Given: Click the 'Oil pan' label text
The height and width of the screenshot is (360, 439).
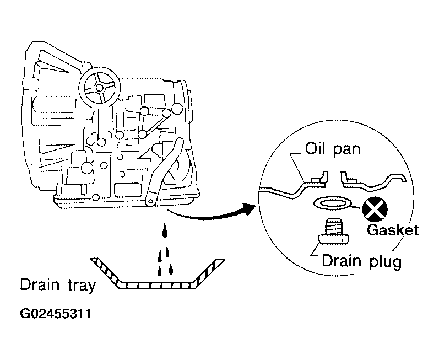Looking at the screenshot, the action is pos(332,149).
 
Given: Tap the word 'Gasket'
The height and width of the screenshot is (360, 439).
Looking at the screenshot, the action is pos(393,230).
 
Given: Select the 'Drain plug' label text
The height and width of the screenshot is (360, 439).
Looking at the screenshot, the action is pos(362,261).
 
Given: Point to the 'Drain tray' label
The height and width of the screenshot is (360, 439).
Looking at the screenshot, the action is pos(58,285).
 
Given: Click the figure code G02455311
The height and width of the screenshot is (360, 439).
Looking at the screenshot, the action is pos(56,314).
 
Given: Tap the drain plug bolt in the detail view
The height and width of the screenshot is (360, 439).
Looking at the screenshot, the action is pos(334,232).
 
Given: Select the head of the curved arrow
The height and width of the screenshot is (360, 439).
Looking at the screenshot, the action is pos(249,209).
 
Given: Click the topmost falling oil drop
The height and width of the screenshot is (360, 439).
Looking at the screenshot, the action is pos(165,230).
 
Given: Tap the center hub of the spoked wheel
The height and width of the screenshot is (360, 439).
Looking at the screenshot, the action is pos(100,88).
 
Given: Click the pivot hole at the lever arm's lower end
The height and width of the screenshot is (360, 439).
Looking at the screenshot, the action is pos(151,201).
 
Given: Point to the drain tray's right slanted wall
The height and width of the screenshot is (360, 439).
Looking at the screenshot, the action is pos(209,273).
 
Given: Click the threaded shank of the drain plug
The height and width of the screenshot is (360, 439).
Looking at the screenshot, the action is pos(334,227).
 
